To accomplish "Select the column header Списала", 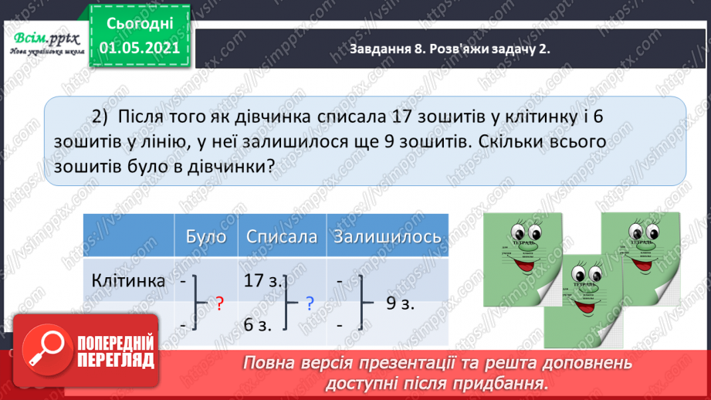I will click(282, 237).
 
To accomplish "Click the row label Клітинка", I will click(128, 281).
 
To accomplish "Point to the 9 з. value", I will click(401, 303).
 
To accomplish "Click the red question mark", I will click(220, 304).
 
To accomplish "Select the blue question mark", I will click(310, 303).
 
